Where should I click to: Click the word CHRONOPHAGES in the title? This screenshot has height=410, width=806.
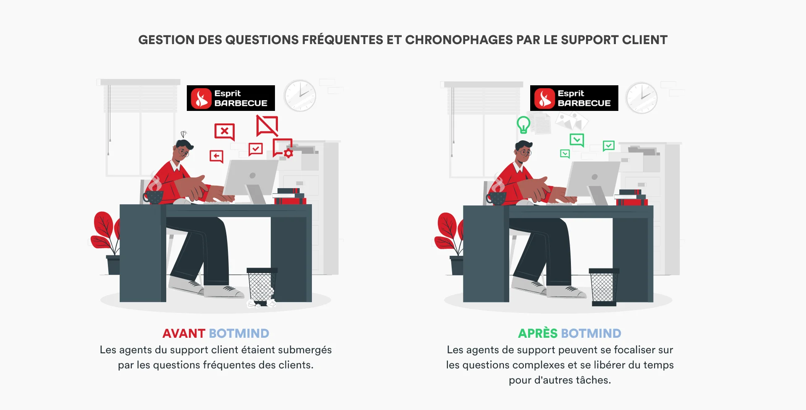[459, 40]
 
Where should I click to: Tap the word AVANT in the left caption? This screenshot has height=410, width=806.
[183, 334]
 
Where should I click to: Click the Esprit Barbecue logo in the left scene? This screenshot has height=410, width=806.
[230, 98]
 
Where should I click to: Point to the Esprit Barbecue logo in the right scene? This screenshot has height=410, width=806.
[574, 98]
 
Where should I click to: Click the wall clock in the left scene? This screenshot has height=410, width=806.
[300, 96]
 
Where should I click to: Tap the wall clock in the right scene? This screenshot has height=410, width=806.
[641, 98]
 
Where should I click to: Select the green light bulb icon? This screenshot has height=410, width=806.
[523, 125]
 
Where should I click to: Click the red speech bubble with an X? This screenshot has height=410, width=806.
[225, 131]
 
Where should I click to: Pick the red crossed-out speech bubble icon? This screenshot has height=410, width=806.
[267, 126]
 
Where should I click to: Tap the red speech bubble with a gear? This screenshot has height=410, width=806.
[283, 148]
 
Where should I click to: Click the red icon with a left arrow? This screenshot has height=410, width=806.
[217, 156]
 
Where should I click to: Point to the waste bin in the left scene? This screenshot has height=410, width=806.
[261, 286]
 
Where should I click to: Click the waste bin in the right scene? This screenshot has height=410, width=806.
[603, 286]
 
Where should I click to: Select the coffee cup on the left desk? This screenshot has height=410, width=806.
[154, 197]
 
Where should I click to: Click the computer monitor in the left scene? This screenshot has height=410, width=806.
[251, 176]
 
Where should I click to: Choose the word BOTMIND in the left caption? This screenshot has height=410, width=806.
[239, 334]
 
